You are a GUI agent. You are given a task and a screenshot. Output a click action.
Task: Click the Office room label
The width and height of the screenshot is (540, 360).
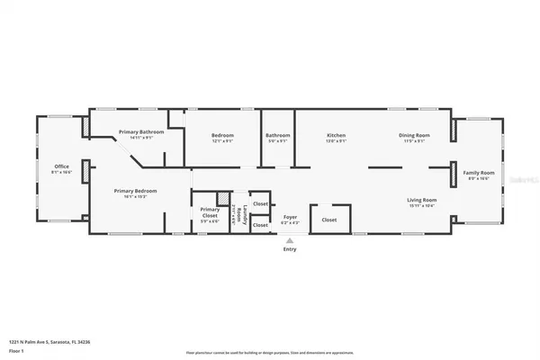coord(61,166)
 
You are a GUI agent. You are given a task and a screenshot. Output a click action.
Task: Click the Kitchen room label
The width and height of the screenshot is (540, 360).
coord(336,136)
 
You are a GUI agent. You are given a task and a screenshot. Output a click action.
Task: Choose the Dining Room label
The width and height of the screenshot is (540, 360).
coord(414,136)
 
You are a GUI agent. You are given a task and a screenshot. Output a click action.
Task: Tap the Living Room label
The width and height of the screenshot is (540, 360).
coord(421,200)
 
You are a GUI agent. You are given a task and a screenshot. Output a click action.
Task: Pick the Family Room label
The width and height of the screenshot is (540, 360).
coord(479,172)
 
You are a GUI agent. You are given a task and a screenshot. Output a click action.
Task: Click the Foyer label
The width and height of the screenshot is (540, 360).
coord(290,217)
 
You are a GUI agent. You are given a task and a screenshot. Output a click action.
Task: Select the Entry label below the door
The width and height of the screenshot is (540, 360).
coord(290,251)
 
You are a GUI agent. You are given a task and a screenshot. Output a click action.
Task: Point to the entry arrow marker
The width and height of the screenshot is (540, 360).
coord(290,241)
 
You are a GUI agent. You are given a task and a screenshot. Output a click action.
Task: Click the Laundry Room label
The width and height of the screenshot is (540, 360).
coord(238,213)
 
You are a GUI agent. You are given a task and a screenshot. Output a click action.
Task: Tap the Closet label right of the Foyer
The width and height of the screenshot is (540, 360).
coord(328,220)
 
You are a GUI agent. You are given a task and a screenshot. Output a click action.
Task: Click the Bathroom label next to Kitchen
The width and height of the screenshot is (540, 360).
coord(278,136)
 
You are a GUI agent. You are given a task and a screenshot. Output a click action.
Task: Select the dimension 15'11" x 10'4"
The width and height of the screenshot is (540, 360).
coord(421,206)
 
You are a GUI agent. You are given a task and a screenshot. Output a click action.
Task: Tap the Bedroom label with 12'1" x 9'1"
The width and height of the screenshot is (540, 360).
coord(222,136)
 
